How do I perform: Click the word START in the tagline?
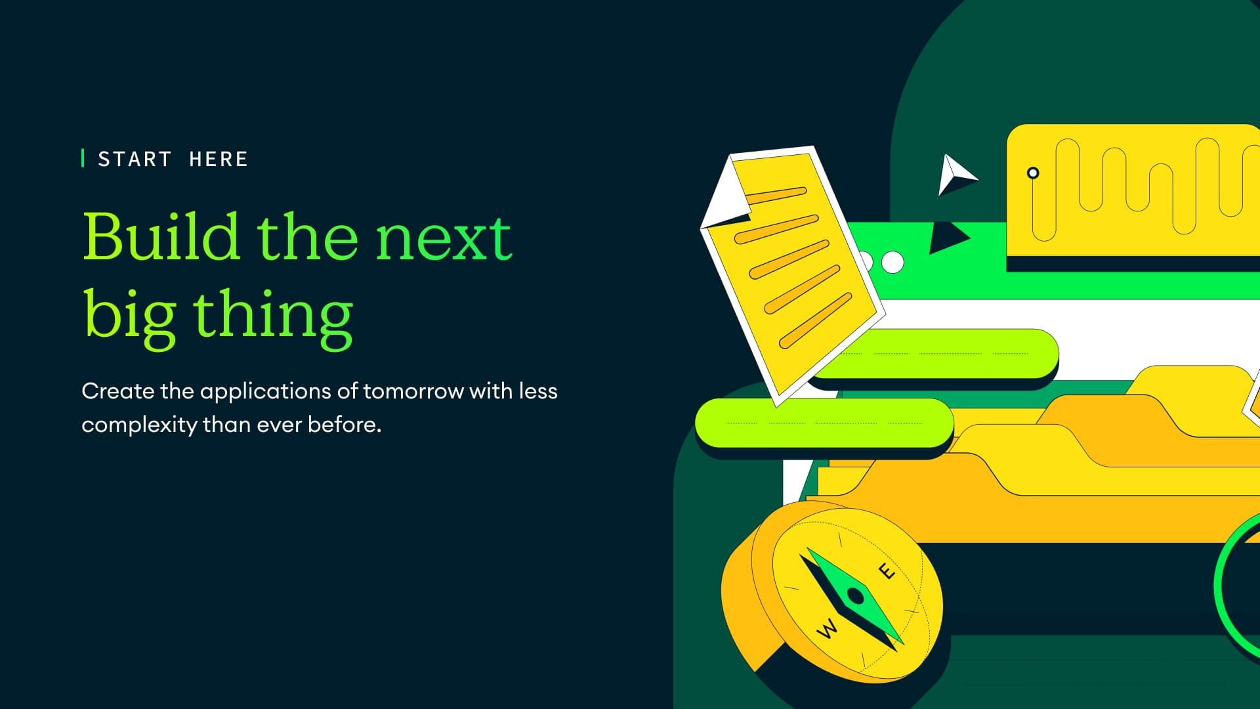[135, 160]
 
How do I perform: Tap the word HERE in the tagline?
[219, 160]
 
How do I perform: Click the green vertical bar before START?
[83, 158]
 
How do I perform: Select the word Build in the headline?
[161, 236]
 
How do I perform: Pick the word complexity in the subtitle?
[139, 425]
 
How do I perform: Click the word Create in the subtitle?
[118, 391]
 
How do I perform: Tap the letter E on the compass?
[886, 571]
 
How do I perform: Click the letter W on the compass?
[828, 629]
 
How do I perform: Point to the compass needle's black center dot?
[855, 596]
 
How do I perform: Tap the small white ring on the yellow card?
[1033, 173]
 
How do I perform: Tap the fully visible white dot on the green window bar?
[892, 262]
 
